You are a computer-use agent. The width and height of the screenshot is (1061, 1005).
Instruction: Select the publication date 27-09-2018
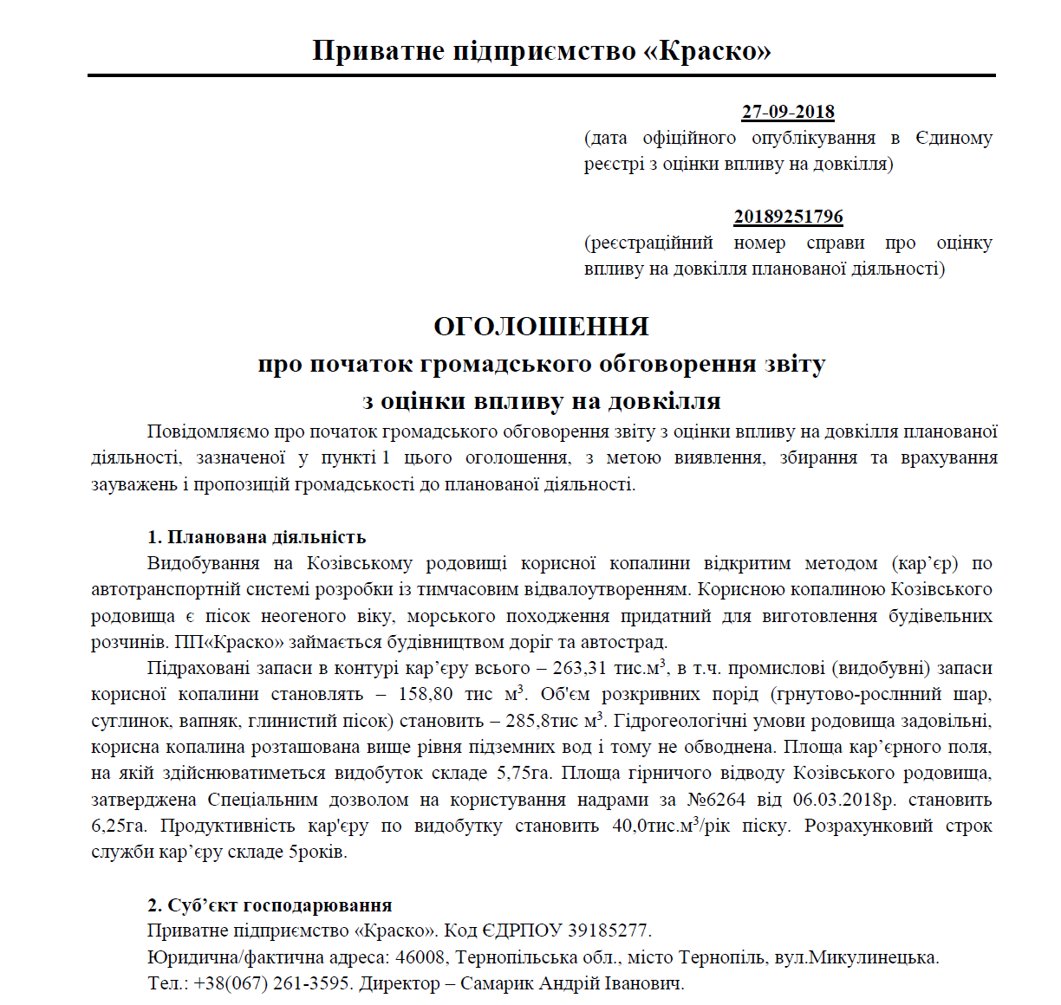(788, 112)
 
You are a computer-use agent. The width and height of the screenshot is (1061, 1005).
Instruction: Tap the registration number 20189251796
(788, 217)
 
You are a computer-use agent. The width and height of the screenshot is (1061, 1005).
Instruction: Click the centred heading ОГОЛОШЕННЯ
(541, 327)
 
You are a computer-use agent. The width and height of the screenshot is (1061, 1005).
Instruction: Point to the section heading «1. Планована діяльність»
(257, 537)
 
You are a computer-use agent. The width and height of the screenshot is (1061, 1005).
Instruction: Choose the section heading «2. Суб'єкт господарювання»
(270, 905)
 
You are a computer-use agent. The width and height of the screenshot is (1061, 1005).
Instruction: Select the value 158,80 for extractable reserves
(426, 695)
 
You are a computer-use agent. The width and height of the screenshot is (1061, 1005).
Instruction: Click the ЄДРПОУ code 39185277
(608, 931)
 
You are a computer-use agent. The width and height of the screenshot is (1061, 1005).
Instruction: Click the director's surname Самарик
(497, 984)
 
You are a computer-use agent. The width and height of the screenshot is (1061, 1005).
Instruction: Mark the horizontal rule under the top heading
(541, 75)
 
